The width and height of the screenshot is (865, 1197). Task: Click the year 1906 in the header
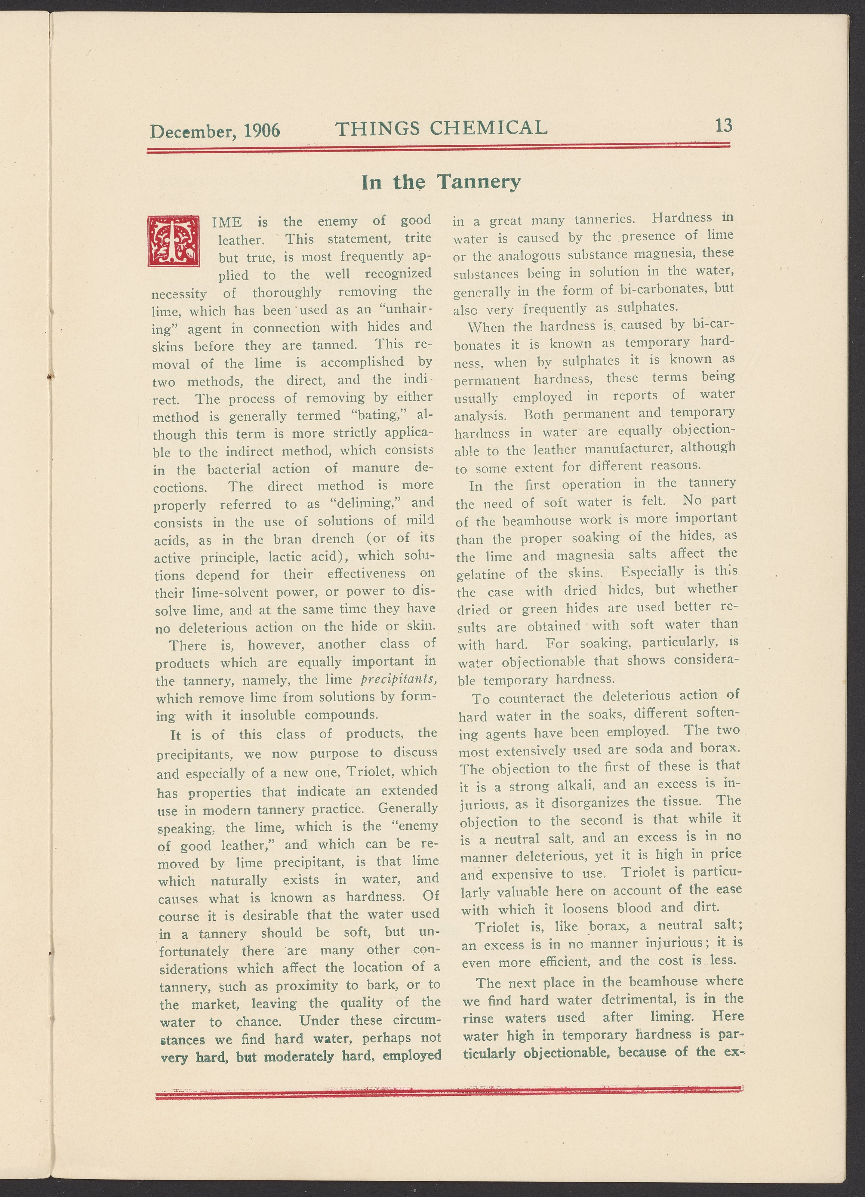point(262,130)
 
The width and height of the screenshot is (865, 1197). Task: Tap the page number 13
point(724,126)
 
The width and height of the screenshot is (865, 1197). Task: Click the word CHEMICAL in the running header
point(489,128)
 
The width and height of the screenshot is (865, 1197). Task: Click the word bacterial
point(234,469)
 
